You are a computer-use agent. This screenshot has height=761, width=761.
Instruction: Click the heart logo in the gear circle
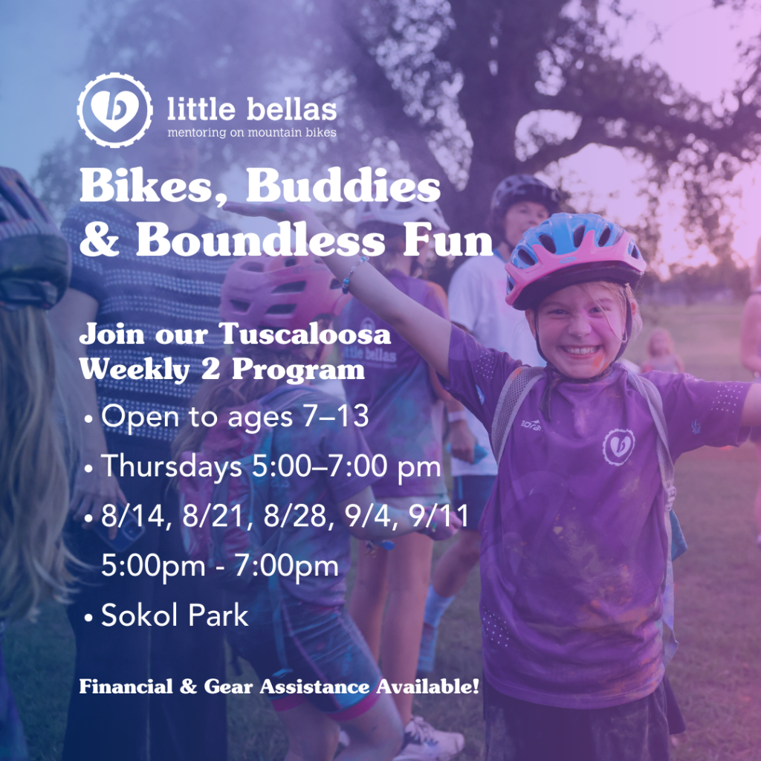pyautogui.click(x=114, y=111)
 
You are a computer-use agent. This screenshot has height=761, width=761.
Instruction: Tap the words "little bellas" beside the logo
pyautogui.click(x=252, y=109)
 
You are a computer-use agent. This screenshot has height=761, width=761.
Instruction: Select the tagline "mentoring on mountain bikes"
pyautogui.click(x=252, y=132)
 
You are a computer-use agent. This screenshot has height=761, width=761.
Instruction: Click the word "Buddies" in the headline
pyautogui.click(x=343, y=186)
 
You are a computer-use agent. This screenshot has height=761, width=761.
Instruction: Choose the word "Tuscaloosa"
pyautogui.click(x=305, y=334)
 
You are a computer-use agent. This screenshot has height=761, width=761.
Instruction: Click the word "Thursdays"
pyautogui.click(x=172, y=467)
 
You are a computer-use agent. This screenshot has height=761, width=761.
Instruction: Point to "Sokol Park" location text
pyautogui.click(x=175, y=615)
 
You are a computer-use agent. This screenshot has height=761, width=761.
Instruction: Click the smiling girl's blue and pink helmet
pyautogui.click(x=574, y=258)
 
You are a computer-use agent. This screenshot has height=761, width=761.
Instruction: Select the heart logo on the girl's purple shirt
pyautogui.click(x=618, y=447)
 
